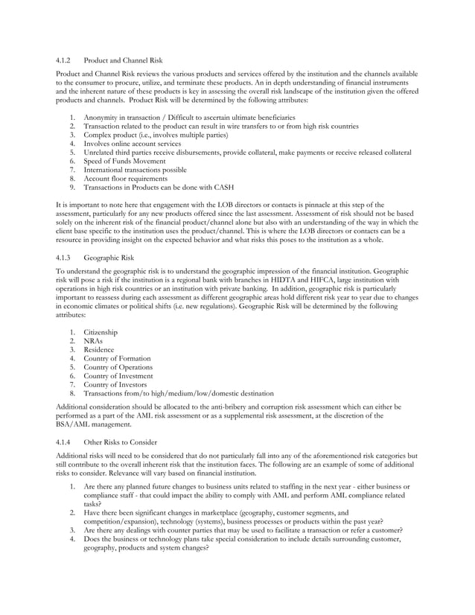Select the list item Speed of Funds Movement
125,161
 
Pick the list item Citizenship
101,331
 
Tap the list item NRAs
94,340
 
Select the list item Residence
99,349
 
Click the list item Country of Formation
117,358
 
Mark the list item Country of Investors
115,384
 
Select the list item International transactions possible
135,170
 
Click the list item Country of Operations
118,367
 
